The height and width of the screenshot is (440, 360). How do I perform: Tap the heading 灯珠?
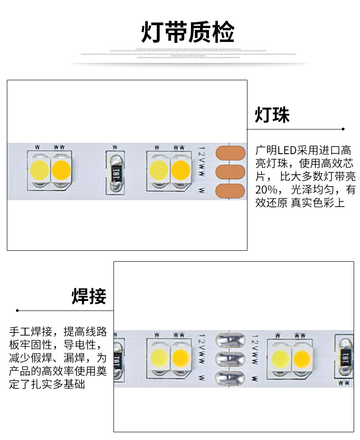tap(272, 115)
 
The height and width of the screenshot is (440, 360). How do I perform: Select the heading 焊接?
tap(89, 296)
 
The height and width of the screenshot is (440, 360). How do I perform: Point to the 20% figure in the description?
tap(265, 190)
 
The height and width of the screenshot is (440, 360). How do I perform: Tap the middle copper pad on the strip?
tap(230, 172)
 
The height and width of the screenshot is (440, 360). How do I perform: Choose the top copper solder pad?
tap(230, 153)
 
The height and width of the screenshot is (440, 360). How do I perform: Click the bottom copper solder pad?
tap(230, 191)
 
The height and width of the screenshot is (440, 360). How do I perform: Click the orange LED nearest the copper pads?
tap(181, 170)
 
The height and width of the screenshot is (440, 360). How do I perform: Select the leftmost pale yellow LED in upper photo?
tap(39, 170)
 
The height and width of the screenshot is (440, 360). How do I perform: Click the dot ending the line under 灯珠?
tap(343, 129)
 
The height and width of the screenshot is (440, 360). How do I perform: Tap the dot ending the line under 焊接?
tap(17, 311)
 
